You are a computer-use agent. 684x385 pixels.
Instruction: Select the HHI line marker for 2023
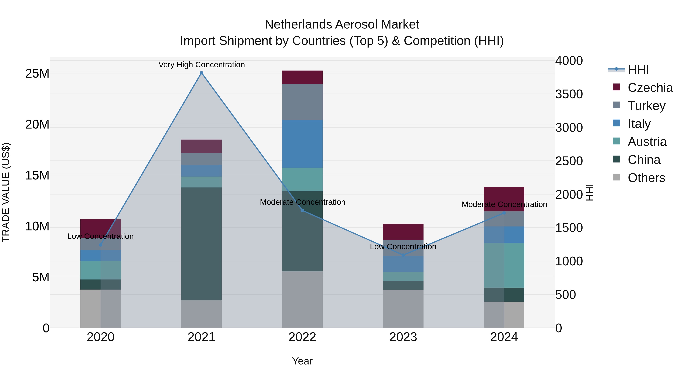tap(403, 255)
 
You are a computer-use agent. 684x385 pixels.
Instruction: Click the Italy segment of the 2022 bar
tap(302, 144)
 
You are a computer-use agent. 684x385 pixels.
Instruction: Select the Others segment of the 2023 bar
tap(403, 309)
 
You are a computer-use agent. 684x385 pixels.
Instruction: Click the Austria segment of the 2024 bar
tap(504, 265)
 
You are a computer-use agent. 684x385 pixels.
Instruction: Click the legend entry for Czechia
tap(650, 88)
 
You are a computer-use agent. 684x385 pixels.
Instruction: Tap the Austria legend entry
tap(647, 142)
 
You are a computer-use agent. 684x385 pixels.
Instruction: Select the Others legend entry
tap(646, 178)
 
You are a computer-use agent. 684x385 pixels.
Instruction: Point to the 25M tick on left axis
tap(37, 74)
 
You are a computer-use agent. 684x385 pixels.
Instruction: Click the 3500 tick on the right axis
tap(569, 94)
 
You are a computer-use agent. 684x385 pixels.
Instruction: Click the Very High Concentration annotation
tap(202, 65)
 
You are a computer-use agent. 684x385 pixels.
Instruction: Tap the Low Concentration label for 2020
tap(100, 236)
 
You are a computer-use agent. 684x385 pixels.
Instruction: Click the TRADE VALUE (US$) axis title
tap(6, 192)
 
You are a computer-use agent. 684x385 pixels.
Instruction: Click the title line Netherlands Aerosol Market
tap(342, 25)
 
